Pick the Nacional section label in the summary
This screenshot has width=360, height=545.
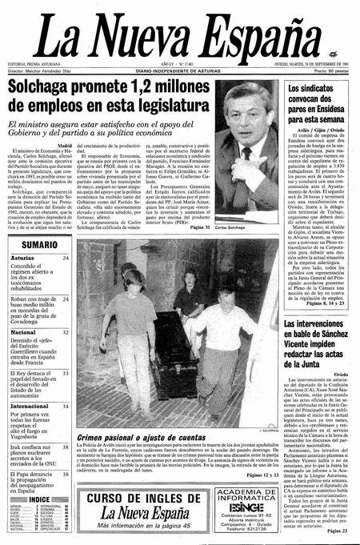[29, 331]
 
